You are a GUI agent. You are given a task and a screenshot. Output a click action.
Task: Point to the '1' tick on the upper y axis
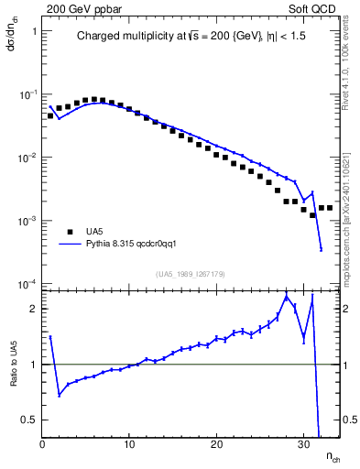(34, 31)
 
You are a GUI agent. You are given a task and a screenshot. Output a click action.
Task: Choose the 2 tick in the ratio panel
(34, 308)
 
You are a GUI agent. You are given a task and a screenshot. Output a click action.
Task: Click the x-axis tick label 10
(129, 446)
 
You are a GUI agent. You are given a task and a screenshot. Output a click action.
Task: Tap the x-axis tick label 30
(303, 446)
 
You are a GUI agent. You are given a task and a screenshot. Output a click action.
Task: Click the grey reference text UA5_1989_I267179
(191, 274)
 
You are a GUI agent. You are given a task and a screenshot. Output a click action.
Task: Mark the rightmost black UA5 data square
(330, 208)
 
